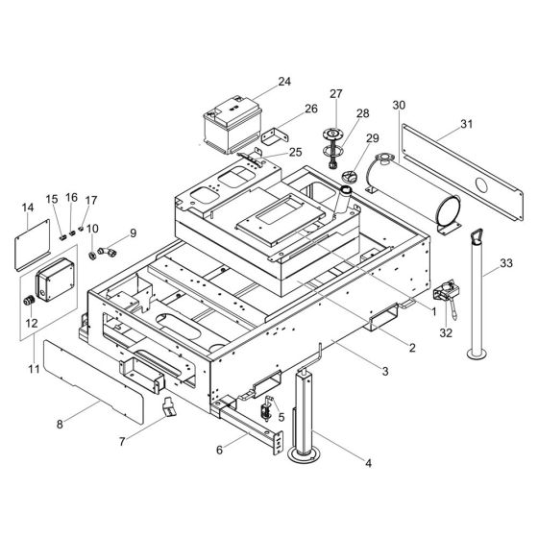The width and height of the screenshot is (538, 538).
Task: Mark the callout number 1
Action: coord(433,313)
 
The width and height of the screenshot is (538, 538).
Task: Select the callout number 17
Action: coord(92,200)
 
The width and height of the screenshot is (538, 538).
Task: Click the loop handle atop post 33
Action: coord(477,235)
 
